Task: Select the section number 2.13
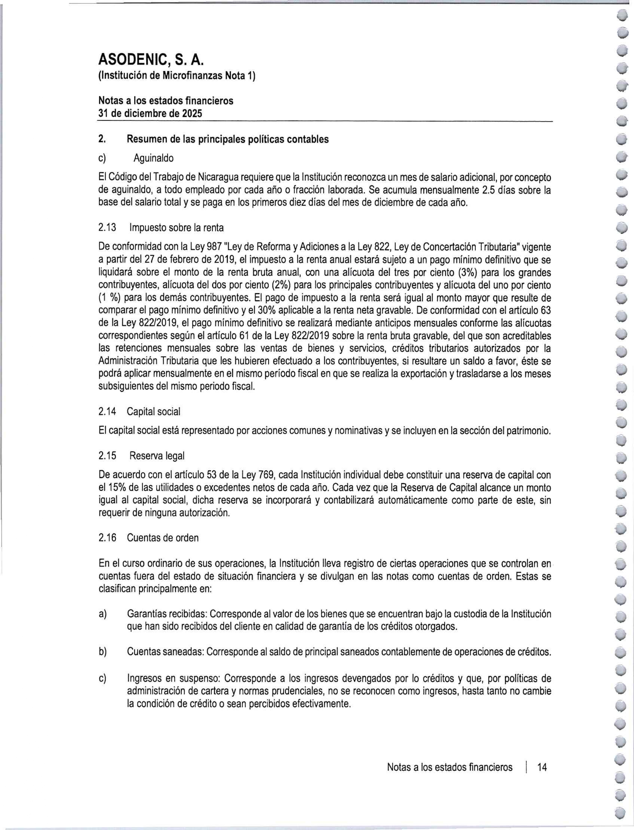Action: click(x=107, y=228)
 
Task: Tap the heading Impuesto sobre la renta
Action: click(x=176, y=228)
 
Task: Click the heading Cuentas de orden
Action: click(x=163, y=537)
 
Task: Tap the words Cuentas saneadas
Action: click(x=165, y=652)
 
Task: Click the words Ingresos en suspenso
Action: click(x=173, y=678)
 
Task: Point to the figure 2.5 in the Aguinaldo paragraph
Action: click(x=483, y=190)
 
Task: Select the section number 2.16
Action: click(x=107, y=537)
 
